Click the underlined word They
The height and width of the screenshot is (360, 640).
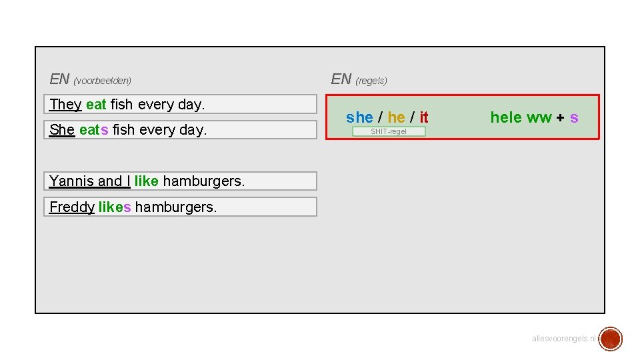tap(65, 105)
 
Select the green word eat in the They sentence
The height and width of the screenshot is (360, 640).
tap(96, 105)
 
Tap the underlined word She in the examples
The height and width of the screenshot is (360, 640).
tap(62, 130)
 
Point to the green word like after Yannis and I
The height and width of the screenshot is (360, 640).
tap(146, 181)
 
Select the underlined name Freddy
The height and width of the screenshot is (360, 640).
tap(71, 207)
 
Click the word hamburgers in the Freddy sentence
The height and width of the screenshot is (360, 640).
tap(176, 207)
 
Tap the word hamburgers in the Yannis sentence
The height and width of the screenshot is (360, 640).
tap(203, 181)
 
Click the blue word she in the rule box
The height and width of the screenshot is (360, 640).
tap(359, 118)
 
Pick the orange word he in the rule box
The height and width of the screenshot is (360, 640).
tap(396, 118)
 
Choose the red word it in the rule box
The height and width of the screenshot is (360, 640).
tap(424, 118)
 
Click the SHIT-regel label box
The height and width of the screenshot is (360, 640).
tap(389, 131)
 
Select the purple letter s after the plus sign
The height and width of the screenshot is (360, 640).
tap(574, 118)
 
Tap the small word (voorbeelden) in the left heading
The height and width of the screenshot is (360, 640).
tap(103, 81)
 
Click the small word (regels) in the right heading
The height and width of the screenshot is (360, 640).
tap(371, 81)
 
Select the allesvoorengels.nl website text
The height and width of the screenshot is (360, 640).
tap(563, 339)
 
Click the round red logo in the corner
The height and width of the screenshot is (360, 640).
tap(610, 339)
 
